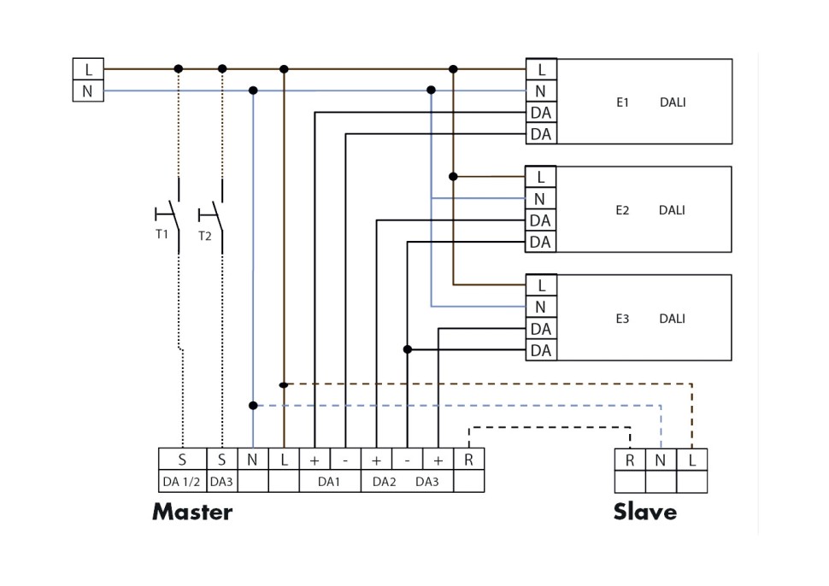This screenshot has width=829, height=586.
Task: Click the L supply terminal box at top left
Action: (88, 69)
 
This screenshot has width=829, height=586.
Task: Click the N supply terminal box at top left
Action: (88, 91)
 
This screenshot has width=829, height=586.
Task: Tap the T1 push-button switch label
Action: (162, 235)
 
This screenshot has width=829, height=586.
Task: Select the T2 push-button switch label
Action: (204, 236)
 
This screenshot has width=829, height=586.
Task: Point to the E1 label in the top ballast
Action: (622, 103)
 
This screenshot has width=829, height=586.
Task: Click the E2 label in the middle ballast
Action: (622, 210)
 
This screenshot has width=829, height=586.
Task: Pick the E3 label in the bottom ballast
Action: (622, 319)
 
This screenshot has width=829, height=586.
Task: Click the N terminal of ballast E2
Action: (540, 199)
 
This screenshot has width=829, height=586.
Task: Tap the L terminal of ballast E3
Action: (540, 285)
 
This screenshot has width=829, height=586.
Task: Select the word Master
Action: (192, 512)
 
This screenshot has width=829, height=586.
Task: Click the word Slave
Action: (645, 512)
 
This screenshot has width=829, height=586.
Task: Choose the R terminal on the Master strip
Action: (468, 460)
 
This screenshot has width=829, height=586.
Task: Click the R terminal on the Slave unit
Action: (630, 460)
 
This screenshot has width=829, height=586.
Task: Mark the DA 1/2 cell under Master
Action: (182, 482)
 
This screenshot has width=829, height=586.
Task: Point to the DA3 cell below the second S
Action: (221, 482)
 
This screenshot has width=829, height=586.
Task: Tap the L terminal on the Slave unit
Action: (692, 460)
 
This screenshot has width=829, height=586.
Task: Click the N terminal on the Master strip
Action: (253, 460)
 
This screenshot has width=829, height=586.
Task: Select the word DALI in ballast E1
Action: (673, 103)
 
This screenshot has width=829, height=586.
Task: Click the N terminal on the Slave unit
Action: (661, 460)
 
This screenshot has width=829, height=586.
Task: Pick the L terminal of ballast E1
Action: (540, 69)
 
